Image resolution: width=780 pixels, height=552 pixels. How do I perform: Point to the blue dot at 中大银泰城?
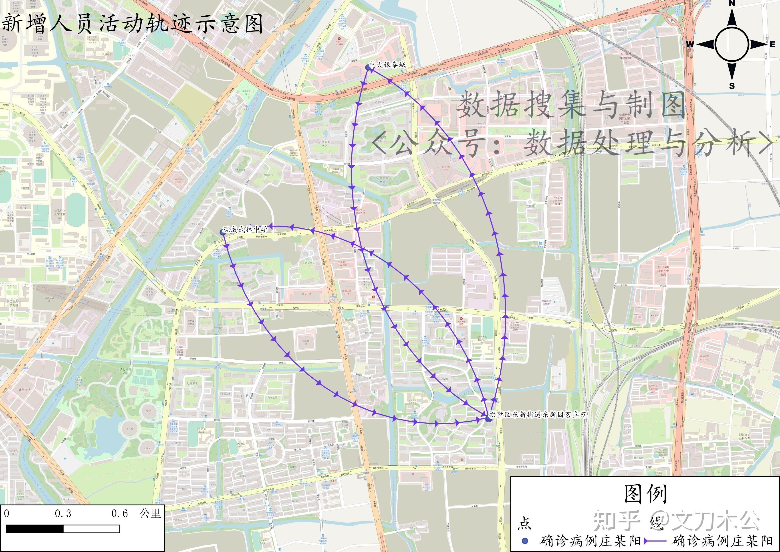pyautogui.click(x=368, y=68)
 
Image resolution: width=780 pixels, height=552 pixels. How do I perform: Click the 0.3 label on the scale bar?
pyautogui.click(x=63, y=513)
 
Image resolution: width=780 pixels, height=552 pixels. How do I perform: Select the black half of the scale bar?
pyautogui.click(x=35, y=529)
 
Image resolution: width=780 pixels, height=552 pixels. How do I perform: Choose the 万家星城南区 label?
pyautogui.click(x=382, y=179)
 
